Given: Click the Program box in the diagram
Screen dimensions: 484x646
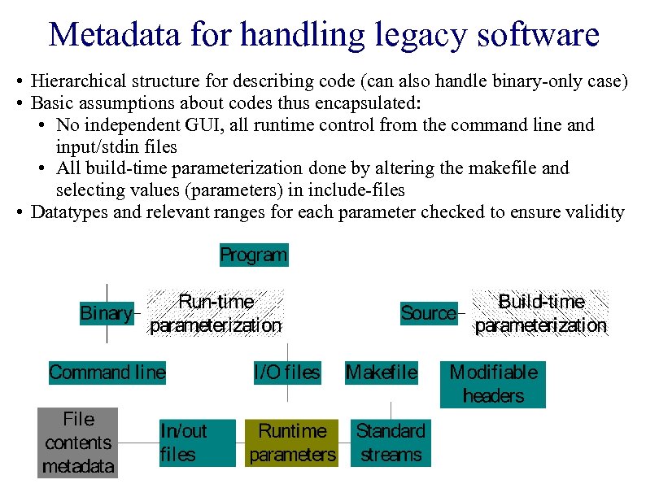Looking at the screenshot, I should point(253,255).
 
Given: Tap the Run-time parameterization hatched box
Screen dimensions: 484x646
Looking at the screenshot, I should point(216,313).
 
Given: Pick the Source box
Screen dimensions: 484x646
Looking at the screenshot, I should point(429,313).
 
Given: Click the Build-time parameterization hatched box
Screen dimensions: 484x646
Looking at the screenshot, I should point(541,313).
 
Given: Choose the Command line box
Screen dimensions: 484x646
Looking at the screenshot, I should point(107,373).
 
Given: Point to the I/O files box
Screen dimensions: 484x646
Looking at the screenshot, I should point(287,373).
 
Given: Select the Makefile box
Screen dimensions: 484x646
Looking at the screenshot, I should point(382,373).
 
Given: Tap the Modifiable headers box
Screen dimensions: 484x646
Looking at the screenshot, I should point(493,384).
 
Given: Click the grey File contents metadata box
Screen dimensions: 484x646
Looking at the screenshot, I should point(78,443).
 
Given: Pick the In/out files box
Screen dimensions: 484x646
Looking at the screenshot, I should point(197,443).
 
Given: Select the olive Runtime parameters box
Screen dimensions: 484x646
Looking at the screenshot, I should point(292,443).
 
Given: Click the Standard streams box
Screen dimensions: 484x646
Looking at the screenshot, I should point(391,443).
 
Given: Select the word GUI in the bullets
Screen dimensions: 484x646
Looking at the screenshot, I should point(213,125).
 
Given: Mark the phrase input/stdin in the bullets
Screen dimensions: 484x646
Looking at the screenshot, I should point(98,147).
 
